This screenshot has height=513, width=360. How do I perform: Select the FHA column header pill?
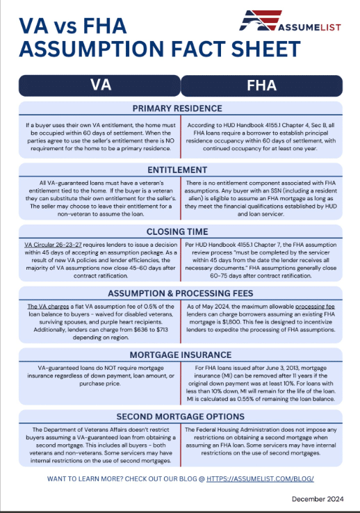tap(261, 85)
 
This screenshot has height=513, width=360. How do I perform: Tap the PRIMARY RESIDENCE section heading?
tap(180, 108)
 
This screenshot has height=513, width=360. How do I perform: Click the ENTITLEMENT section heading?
tap(180, 170)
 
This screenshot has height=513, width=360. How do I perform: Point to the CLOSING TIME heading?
tap(180, 232)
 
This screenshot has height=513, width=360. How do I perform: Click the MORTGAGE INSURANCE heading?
tap(180, 355)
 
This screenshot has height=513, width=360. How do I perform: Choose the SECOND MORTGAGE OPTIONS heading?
tap(180, 416)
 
